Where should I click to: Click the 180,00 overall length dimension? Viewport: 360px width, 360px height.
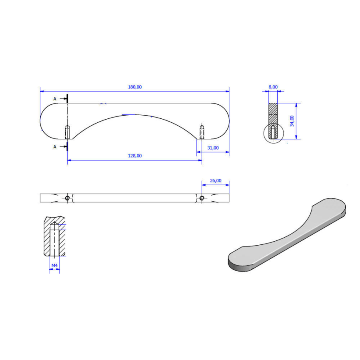pyautogui.click(x=135, y=87)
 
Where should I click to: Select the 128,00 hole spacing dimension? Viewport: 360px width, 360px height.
pyautogui.click(x=135, y=156)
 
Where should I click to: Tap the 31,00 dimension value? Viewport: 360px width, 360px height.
pyautogui.click(x=213, y=148)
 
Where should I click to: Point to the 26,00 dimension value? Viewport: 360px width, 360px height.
pyautogui.click(x=216, y=181)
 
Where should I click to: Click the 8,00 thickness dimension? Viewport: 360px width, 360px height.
pyautogui.click(x=273, y=87)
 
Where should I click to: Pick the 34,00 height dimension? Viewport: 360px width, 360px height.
pyautogui.click(x=292, y=121)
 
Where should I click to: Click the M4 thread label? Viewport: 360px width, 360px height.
pyautogui.click(x=54, y=266)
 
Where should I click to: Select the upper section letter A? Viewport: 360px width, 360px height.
pyautogui.click(x=55, y=99)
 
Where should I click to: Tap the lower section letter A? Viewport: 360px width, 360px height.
pyautogui.click(x=55, y=147)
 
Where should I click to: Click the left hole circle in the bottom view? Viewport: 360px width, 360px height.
pyautogui.click(x=67, y=198)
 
